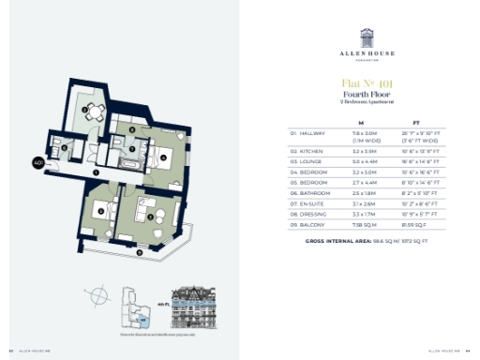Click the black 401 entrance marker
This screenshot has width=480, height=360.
click(x=39, y=161)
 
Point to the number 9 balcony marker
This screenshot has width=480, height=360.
click(x=140, y=251)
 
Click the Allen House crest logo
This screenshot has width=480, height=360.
click(x=361, y=38)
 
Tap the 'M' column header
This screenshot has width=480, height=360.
click(x=361, y=123)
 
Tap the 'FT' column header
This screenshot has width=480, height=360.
click(x=416, y=123)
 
